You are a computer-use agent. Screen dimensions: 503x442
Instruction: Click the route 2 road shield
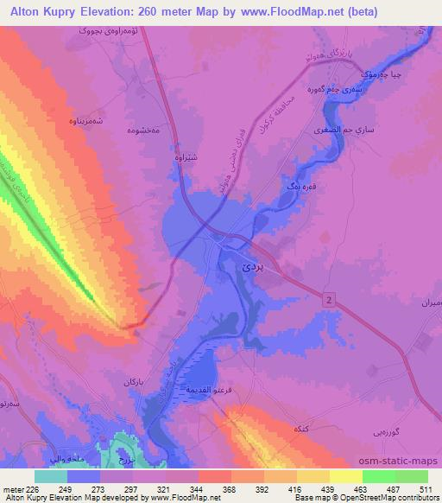click(x=329, y=298)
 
